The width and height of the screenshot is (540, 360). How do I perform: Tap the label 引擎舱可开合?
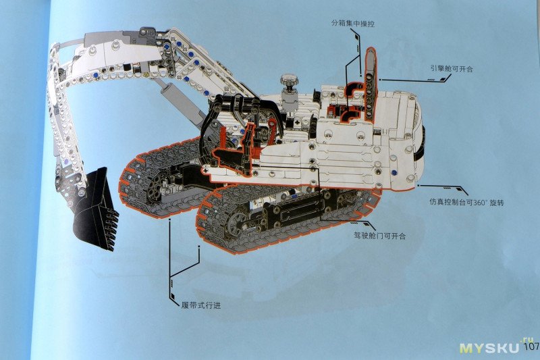452,68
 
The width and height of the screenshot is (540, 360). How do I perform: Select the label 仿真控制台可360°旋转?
466,202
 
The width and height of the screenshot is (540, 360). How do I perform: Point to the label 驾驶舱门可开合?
379,236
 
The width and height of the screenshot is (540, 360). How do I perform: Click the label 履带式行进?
200,305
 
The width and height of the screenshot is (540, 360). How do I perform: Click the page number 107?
531,346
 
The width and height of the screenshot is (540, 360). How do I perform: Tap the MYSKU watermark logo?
489,348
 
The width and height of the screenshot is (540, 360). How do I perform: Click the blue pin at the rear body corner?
394,172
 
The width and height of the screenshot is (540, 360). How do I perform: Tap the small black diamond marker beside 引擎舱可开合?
442,79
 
